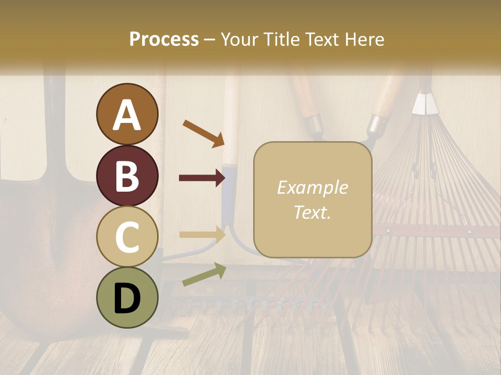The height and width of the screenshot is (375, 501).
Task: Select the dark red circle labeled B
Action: [x=127, y=176]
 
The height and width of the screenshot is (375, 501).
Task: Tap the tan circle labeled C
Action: [x=127, y=236]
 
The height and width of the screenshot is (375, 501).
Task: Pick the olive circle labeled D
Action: [x=127, y=297]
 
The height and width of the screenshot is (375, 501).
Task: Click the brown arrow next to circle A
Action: [x=204, y=133]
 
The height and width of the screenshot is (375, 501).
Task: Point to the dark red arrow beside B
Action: [x=202, y=178]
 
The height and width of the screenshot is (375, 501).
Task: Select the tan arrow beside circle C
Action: [x=202, y=234]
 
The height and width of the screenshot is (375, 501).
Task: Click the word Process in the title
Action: [x=164, y=39]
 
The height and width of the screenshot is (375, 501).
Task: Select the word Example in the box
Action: [x=312, y=187]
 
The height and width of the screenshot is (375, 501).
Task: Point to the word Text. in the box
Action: [x=312, y=212]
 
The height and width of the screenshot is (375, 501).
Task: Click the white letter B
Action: [x=127, y=176]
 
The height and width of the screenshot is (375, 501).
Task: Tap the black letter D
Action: [x=127, y=298]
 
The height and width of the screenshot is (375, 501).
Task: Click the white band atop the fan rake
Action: [x=425, y=105]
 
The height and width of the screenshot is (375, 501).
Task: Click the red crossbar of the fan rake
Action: [x=438, y=230]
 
